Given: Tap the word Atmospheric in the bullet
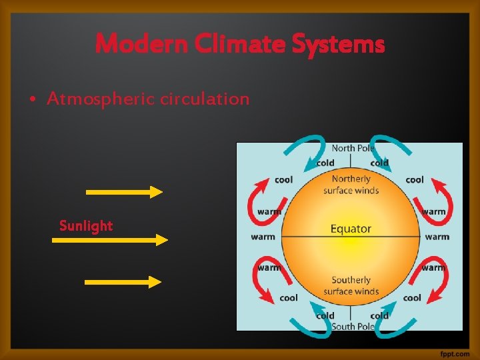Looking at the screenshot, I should click(x=97, y=99).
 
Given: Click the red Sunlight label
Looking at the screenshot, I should click(x=86, y=225).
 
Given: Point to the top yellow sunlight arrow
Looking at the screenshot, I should click(x=124, y=192).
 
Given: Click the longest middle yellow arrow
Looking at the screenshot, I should click(x=109, y=239).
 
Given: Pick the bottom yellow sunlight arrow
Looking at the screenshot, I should click(x=123, y=282).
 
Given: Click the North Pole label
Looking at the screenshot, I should click(x=353, y=148).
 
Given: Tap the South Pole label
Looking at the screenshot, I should click(x=353, y=326).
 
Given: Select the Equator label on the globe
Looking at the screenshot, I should click(x=351, y=229).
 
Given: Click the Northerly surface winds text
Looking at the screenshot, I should click(x=351, y=185).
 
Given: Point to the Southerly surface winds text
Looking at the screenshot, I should click(x=351, y=285).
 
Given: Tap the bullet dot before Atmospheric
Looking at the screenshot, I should click(x=33, y=100).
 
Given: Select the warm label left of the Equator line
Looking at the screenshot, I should click(x=263, y=237).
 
